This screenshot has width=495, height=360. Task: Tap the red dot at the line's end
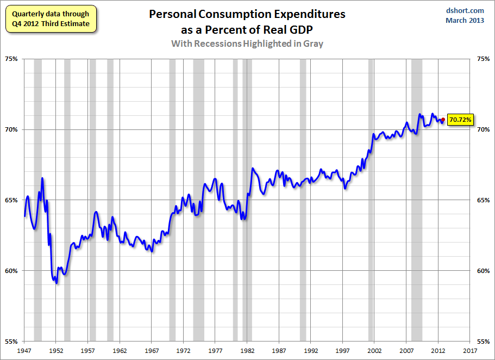(443, 120)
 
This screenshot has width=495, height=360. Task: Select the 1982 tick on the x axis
(247, 351)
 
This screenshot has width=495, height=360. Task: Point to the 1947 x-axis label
(24, 351)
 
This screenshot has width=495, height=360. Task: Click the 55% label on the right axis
(483, 342)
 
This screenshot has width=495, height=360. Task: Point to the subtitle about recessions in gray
(247, 44)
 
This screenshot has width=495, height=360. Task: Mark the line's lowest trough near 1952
(57, 283)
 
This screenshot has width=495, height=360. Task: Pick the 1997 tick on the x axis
(343, 351)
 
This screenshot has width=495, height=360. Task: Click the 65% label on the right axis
(483, 200)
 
